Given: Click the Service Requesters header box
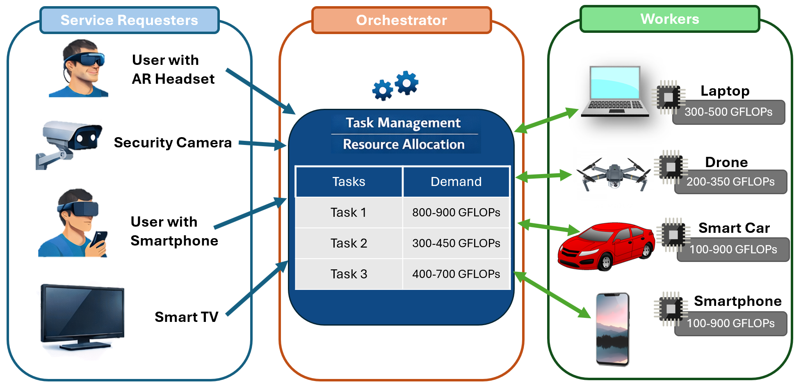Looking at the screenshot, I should pos(129,20).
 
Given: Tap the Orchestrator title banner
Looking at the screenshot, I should pos(401,20).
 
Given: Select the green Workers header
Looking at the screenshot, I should pos(669,19).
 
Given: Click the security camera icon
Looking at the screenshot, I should pos(69,144).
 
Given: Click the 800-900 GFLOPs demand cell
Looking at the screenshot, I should pos(456,212).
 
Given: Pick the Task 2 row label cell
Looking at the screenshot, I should pos(349,243).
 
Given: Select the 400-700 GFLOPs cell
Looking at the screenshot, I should pos(456,274).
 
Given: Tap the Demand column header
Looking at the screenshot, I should pos(456,181).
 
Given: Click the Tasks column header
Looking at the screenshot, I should pos(349,181).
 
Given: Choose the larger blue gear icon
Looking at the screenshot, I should pos(406,83).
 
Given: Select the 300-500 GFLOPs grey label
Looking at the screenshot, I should pos(728,112).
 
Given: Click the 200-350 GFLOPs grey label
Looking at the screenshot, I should pos(730,182).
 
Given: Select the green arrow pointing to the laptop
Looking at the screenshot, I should pos(547,120).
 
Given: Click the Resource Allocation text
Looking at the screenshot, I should pos(404,145).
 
